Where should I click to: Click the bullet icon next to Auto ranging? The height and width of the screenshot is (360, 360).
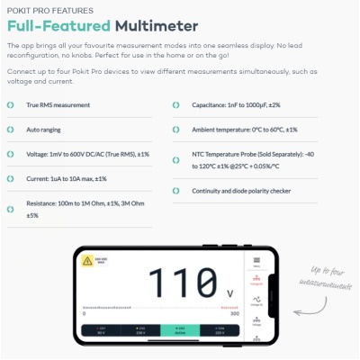pos(11,129)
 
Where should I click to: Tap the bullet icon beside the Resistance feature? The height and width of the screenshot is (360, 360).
pos(11,210)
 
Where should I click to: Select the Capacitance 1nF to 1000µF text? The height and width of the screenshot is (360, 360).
pos(236,104)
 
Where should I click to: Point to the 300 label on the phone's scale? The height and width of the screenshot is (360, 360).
pos(237,313)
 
